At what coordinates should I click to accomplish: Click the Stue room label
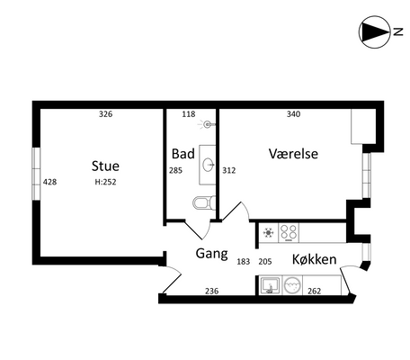click(x=105, y=166)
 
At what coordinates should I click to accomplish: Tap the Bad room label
click(x=183, y=154)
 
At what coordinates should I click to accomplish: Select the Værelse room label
click(x=293, y=154)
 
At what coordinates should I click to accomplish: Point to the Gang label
click(x=212, y=254)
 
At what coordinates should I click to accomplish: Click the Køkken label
click(x=315, y=259)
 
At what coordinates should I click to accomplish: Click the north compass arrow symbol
click(x=375, y=31)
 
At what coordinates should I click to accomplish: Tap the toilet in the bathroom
click(x=204, y=202)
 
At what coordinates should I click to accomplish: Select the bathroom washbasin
click(x=208, y=165)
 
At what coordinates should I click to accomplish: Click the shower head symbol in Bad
click(x=207, y=124)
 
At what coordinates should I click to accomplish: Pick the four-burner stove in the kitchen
click(x=289, y=232)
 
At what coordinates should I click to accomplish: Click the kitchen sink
click(x=271, y=285)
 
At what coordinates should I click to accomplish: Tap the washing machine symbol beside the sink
click(x=292, y=285)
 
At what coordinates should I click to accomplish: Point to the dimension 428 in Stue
click(x=49, y=182)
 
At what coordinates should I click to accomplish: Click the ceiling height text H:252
click(x=105, y=182)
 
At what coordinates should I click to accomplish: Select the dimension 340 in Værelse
click(x=293, y=114)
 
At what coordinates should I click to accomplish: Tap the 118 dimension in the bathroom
click(x=189, y=114)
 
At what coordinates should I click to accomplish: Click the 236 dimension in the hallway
click(x=212, y=291)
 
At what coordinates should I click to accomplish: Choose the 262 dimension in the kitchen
click(x=314, y=291)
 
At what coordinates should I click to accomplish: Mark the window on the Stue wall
click(x=36, y=174)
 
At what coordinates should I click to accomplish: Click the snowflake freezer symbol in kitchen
click(x=268, y=233)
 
